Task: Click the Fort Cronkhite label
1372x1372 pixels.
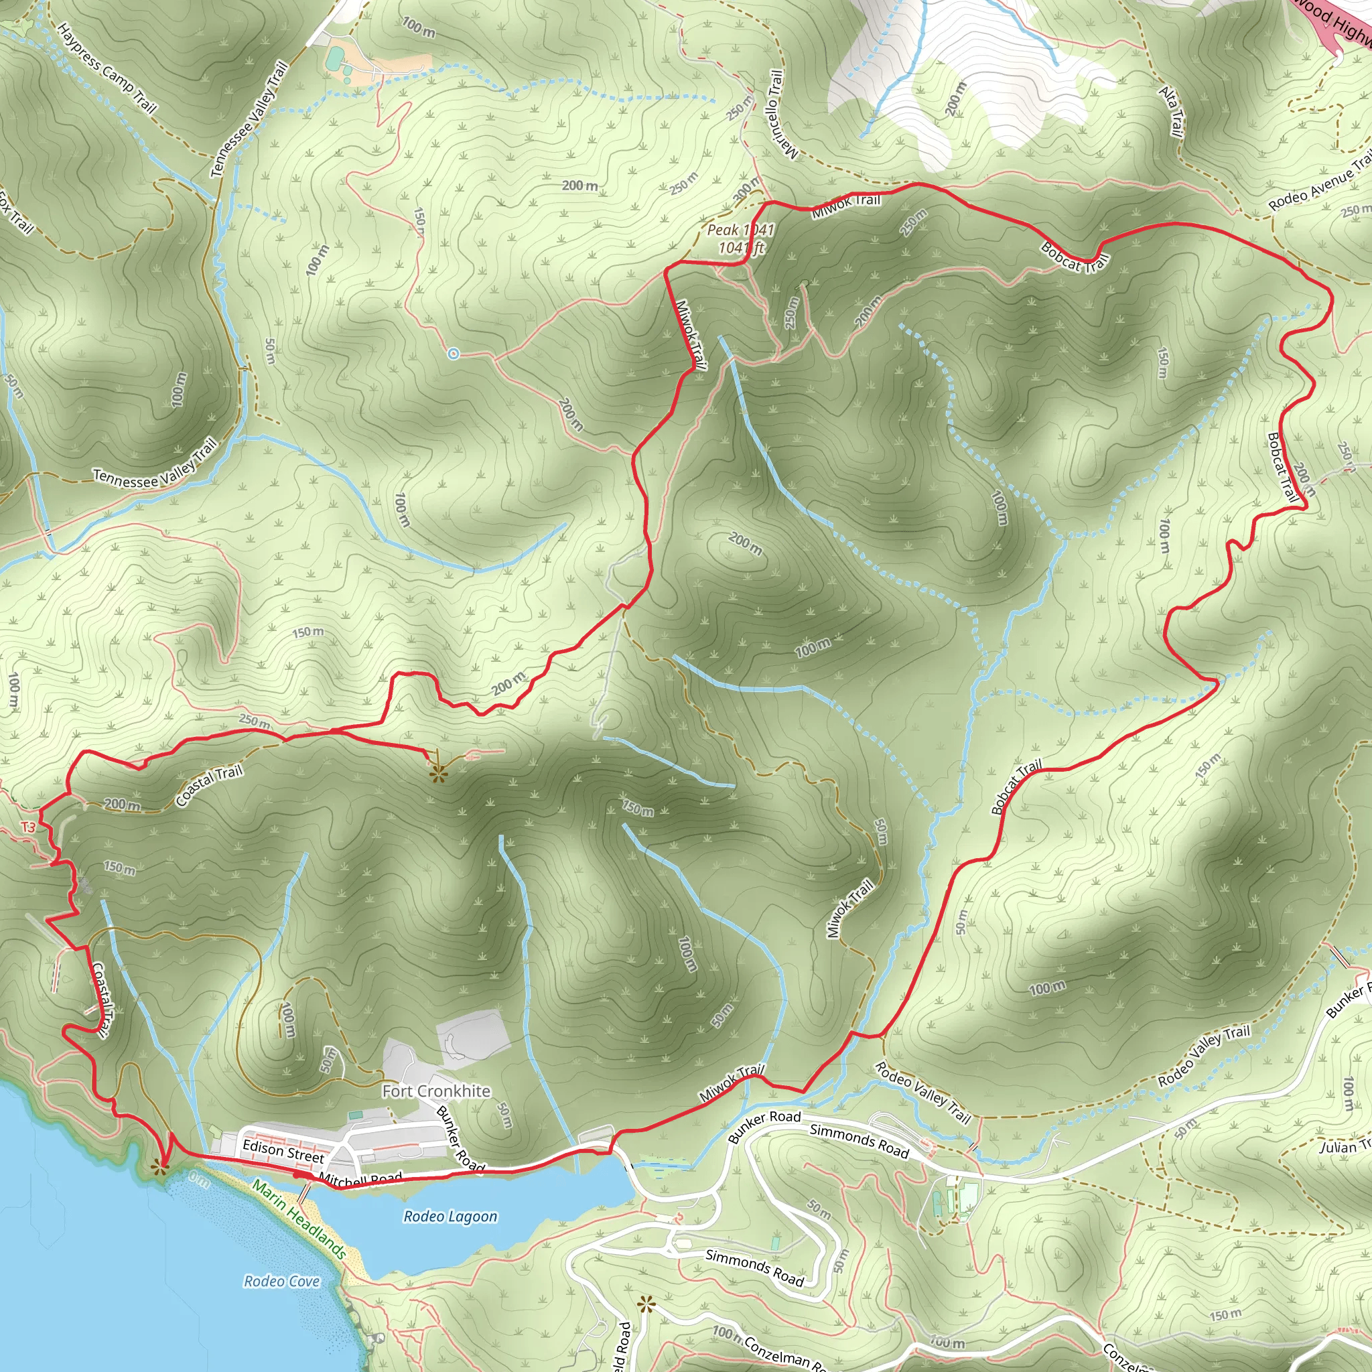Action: pyautogui.click(x=436, y=1091)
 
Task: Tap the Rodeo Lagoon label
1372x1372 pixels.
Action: pyautogui.click(x=450, y=1217)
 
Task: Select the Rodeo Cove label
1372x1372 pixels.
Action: pyautogui.click(x=281, y=1281)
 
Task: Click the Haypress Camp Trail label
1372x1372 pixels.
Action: pyautogui.click(x=106, y=68)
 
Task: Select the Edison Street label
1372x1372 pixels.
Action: pyautogui.click(x=283, y=1150)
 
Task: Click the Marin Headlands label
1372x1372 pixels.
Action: pyautogui.click(x=299, y=1219)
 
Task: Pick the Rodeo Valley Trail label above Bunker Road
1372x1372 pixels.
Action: pyautogui.click(x=1203, y=1056)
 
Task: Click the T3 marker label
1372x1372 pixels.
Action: pyautogui.click(x=27, y=827)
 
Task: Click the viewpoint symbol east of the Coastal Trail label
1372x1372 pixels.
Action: pyautogui.click(x=438, y=773)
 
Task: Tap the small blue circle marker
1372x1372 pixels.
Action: pyautogui.click(x=454, y=354)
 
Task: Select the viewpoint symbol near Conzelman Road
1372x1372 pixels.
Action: pyautogui.click(x=646, y=1304)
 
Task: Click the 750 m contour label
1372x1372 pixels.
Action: pyautogui.click(x=638, y=809)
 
